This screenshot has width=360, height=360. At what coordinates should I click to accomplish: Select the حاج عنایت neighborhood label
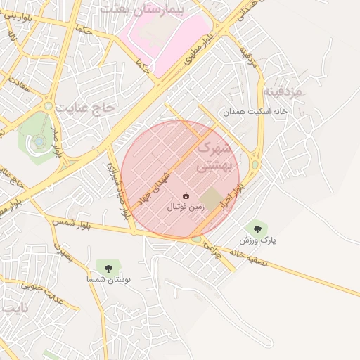click(88, 108)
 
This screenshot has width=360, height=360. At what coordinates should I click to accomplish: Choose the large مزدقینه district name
click(283, 92)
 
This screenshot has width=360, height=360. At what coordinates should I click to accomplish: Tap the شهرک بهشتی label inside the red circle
click(214, 157)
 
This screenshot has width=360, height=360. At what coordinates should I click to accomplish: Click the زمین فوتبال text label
click(186, 208)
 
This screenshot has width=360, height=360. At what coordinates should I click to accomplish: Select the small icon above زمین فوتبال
click(186, 195)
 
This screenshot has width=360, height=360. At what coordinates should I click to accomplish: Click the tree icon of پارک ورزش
click(257, 227)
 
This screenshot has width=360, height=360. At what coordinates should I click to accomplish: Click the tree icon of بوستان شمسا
click(108, 267)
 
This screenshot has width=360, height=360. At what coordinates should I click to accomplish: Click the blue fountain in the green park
click(39, 141)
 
